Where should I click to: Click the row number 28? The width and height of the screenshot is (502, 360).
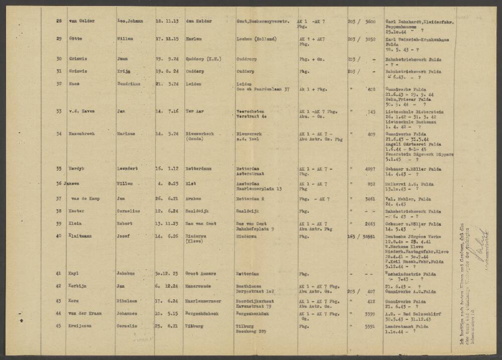click(x=59, y=22)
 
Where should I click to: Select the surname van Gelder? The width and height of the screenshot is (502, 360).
click(x=83, y=22)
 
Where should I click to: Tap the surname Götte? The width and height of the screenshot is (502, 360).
click(x=76, y=38)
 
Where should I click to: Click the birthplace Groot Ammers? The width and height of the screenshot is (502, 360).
click(x=201, y=274)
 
